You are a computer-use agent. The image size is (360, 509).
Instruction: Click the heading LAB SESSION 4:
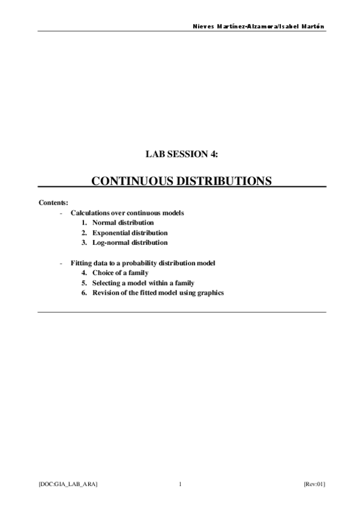[182, 154]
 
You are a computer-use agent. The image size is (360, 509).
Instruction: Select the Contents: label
[53, 202]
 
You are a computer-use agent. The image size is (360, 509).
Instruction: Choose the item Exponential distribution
[130, 233]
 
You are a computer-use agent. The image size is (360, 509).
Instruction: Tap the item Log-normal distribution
[130, 242]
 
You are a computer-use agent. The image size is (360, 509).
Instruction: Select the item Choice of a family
[120, 273]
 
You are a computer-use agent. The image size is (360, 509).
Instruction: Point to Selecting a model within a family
[143, 283]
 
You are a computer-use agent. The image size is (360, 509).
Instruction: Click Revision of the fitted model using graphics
[158, 293]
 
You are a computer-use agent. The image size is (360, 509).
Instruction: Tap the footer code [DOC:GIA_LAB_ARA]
[68, 483]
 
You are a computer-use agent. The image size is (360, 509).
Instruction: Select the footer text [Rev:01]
[314, 483]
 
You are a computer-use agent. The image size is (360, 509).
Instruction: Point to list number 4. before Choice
[85, 273]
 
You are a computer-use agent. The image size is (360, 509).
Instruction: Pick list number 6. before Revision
[85, 293]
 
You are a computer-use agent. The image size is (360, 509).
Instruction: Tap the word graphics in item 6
[211, 293]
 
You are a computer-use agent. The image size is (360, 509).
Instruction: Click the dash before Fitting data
[62, 263]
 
